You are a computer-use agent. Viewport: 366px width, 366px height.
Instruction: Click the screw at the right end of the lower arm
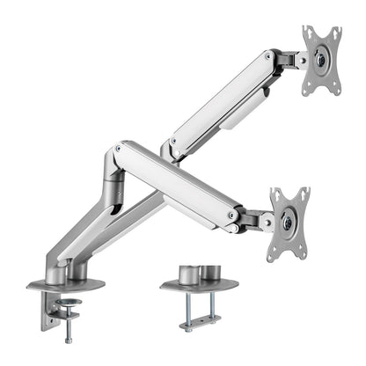pyautogui.click(x=231, y=213)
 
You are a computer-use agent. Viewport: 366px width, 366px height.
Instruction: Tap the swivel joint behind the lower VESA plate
pyautogui.click(x=258, y=220)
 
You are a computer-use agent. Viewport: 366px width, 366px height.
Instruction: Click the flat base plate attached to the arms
pyautogui.click(x=65, y=285)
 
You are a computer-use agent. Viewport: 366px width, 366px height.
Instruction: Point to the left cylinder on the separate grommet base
pyautogui.click(x=187, y=274)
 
